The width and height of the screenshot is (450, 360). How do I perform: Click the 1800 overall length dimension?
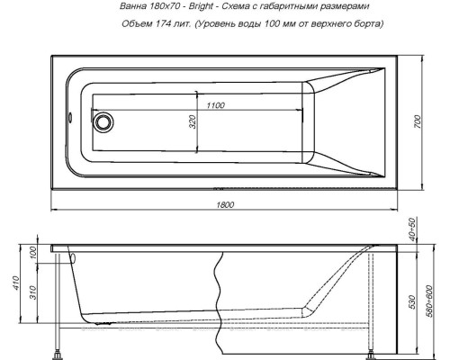click(x=226, y=205)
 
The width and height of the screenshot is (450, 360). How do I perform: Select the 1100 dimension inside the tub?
click(x=213, y=106)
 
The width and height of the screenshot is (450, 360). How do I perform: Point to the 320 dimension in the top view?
click(x=192, y=122)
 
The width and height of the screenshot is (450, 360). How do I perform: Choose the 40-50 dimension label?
click(x=411, y=231)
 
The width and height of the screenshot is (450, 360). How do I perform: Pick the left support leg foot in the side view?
click(x=60, y=348)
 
